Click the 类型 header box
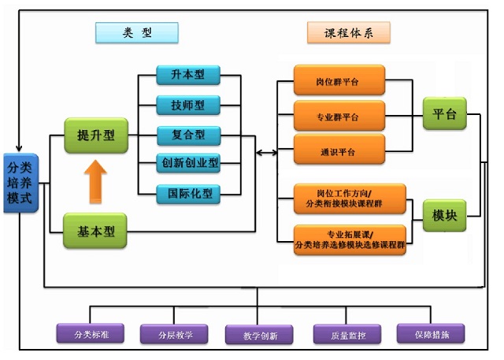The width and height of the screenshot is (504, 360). click(136, 32)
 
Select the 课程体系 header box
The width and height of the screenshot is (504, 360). click(348, 32)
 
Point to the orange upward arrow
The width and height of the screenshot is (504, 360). click(95, 181)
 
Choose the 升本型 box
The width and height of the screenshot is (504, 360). click(187, 76)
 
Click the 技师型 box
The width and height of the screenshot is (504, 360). click(187, 105)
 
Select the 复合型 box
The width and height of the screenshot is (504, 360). click(187, 134)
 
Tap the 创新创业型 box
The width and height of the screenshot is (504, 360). click(187, 163)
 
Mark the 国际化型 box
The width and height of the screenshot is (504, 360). click(187, 192)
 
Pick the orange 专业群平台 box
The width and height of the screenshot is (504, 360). click(339, 117)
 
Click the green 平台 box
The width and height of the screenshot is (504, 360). click(444, 115)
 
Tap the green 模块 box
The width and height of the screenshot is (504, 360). click(444, 215)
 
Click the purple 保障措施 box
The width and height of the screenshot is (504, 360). click(430, 333)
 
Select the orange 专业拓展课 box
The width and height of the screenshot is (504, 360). click(350, 239)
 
